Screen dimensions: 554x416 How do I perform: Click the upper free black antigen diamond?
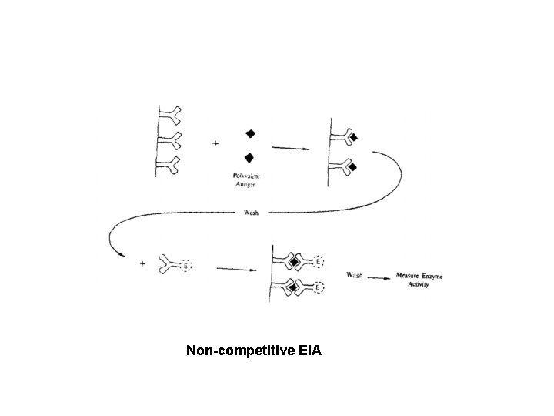(251, 133)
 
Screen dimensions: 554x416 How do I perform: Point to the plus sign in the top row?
(215, 143)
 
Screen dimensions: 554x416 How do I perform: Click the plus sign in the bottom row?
(142, 264)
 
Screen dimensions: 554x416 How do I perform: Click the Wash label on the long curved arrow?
(251, 213)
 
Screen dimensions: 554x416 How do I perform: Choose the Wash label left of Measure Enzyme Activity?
(355, 275)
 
